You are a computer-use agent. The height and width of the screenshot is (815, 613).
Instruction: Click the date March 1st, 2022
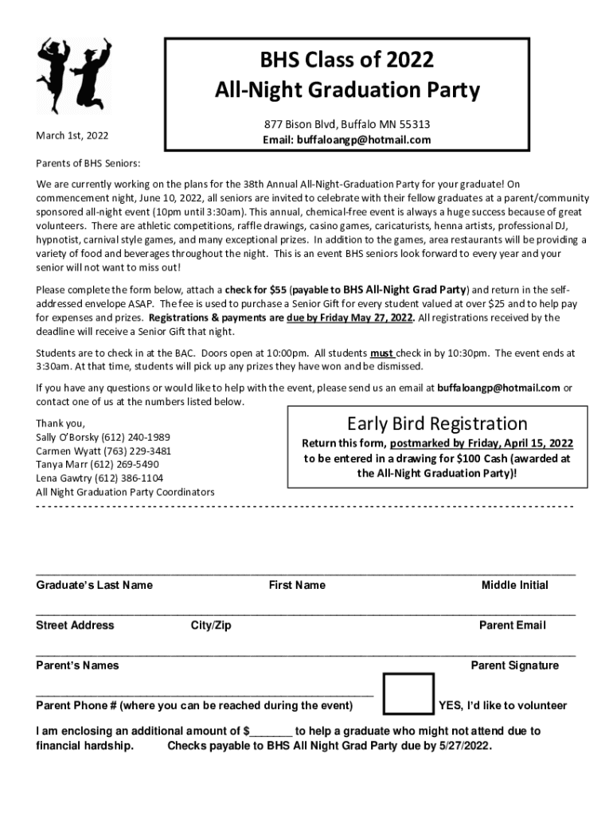pyautogui.click(x=72, y=135)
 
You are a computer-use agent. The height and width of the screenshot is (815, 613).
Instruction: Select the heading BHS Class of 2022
pyautogui.click(x=347, y=61)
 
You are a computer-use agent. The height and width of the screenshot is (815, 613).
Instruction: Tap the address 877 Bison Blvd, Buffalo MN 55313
pyautogui.click(x=347, y=125)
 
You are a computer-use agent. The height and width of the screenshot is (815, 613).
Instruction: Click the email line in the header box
pyautogui.click(x=347, y=140)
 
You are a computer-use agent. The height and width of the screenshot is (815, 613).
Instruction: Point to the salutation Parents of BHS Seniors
pyautogui.click(x=88, y=164)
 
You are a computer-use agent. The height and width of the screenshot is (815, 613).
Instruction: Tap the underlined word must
pyautogui.click(x=384, y=352)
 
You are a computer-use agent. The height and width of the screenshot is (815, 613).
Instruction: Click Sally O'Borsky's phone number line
pyautogui.click(x=103, y=438)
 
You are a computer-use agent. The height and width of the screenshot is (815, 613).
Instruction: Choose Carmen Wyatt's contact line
pyautogui.click(x=103, y=451)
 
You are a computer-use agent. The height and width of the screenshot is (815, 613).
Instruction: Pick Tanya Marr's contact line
pyautogui.click(x=97, y=464)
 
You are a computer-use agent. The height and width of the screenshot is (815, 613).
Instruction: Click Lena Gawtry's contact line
pyautogui.click(x=100, y=478)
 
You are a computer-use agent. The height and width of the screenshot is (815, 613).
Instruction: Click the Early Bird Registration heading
pyautogui.click(x=437, y=423)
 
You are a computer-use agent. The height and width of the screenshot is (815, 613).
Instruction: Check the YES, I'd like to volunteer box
pyautogui.click(x=408, y=694)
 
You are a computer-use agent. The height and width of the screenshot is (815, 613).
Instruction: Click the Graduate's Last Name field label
pyautogui.click(x=95, y=586)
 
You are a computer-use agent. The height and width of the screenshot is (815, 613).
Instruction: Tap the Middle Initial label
pyautogui.click(x=514, y=586)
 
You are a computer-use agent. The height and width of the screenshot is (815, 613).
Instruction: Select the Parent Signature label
pyautogui.click(x=514, y=665)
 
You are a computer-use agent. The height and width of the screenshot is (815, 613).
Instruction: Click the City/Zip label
pyautogui.click(x=211, y=626)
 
